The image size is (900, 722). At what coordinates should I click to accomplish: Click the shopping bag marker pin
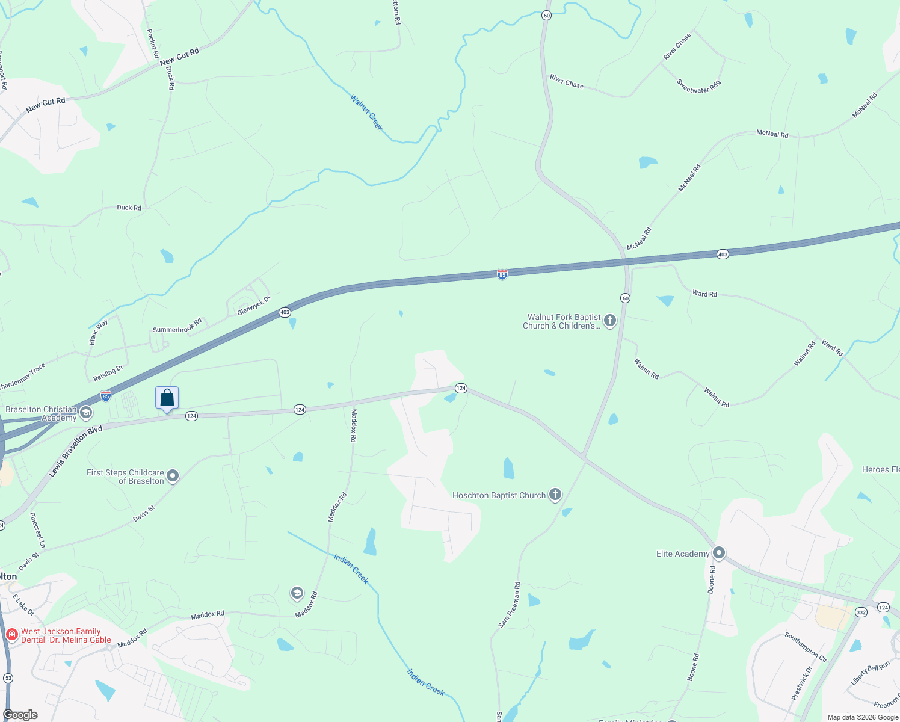(167, 398)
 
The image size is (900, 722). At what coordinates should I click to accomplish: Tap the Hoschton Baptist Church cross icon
(555, 495)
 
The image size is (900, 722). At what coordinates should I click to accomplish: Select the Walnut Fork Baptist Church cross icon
(609, 321)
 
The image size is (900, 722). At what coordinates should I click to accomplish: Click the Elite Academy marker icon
(718, 554)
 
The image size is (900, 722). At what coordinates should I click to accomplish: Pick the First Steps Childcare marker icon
(173, 477)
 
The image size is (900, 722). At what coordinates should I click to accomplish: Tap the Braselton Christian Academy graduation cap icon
(86, 413)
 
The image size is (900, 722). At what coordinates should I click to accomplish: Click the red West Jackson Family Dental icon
(11, 634)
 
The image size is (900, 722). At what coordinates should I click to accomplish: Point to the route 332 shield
(861, 612)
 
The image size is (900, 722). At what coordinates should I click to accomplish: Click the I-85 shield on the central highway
(502, 274)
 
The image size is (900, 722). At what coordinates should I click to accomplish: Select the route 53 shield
(8, 678)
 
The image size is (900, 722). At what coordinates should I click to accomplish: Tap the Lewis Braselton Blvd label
(76, 451)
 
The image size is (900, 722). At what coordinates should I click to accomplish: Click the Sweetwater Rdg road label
(698, 87)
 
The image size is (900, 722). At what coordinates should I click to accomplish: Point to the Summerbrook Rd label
(177, 326)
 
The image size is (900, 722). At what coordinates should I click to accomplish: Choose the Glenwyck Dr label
(254, 306)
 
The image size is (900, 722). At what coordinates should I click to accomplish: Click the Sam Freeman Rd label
(509, 605)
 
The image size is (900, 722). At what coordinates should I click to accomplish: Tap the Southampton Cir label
(806, 647)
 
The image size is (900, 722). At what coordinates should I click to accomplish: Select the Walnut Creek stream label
(366, 113)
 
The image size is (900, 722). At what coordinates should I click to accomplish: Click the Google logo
(20, 715)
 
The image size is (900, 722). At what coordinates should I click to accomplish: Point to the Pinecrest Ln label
(37, 530)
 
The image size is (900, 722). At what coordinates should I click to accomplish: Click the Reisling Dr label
(108, 374)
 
